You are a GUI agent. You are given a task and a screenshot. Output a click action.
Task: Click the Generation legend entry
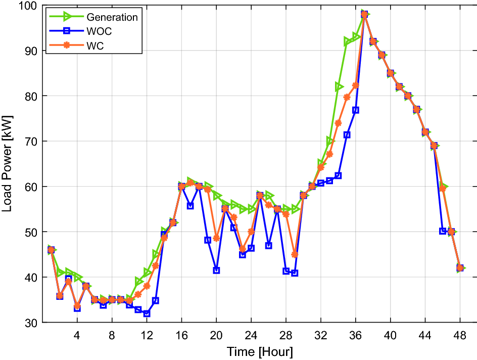pyautogui.click(x=112, y=17)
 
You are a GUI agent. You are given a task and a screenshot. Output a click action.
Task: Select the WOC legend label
pyautogui.click(x=99, y=32)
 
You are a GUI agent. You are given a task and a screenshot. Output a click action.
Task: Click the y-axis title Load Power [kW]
pyautogui.click(x=8, y=163)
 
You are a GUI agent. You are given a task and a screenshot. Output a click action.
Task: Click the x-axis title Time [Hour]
pyautogui.click(x=259, y=351)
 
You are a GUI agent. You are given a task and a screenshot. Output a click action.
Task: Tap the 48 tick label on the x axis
pyautogui.click(x=460, y=335)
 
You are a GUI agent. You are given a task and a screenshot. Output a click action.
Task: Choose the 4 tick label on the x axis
pyautogui.click(x=77, y=335)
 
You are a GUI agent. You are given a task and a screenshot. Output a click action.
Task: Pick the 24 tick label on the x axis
pyautogui.click(x=251, y=335)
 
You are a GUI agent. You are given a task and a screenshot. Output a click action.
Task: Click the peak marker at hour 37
pyautogui.click(x=364, y=14)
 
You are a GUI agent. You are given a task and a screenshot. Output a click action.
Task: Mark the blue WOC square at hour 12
pyautogui.click(x=147, y=313)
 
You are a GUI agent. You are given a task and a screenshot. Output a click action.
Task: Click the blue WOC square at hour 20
pyautogui.click(x=216, y=271)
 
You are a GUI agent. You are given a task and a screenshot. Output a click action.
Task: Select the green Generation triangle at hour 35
pyautogui.click(x=347, y=41)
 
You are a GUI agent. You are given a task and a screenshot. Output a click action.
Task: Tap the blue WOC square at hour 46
pyautogui.click(x=443, y=231)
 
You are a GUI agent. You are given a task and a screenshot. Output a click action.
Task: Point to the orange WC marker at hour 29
pyautogui.click(x=295, y=254)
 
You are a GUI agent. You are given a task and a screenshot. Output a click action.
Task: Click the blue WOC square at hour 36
pyautogui.click(x=356, y=110)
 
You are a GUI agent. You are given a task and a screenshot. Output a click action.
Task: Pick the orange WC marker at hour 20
pyautogui.click(x=216, y=238)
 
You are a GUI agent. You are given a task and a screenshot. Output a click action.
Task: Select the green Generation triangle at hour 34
pyautogui.click(x=339, y=87)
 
